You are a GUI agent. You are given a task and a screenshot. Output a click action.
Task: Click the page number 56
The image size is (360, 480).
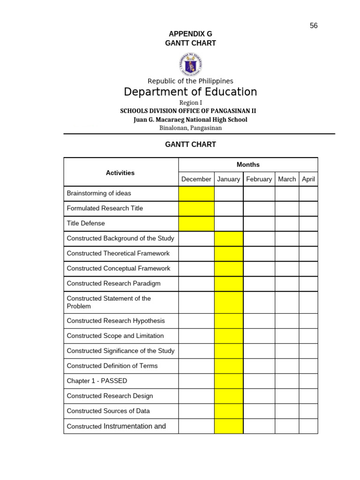[x=314, y=26]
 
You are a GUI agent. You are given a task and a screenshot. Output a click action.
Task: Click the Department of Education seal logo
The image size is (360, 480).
[x=190, y=64]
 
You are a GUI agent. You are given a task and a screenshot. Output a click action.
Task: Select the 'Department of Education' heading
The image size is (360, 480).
[x=190, y=92]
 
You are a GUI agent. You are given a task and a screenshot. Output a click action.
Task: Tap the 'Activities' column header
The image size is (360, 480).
[x=120, y=172]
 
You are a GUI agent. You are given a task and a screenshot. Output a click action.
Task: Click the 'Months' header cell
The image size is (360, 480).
[x=248, y=165]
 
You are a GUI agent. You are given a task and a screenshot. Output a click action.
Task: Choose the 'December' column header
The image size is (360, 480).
[x=196, y=179]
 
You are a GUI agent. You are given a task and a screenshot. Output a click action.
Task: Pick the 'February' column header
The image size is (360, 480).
[x=259, y=179]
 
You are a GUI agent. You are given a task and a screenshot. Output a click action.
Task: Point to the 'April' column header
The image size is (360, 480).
[x=308, y=179]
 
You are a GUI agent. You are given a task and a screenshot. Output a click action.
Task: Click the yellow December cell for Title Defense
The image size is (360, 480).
[x=196, y=224]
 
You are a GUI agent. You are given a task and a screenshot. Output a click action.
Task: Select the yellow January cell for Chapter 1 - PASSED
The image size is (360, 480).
[x=229, y=381]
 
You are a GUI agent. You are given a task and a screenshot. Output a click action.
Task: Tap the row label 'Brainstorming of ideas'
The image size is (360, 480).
[x=99, y=193]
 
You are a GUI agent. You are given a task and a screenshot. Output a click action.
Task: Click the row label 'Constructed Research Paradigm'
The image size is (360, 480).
[x=113, y=284]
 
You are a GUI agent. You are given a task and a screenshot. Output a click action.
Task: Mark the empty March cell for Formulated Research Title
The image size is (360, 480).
[x=287, y=209]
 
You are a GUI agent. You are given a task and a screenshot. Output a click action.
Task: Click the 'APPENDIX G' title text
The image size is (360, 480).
[x=190, y=34]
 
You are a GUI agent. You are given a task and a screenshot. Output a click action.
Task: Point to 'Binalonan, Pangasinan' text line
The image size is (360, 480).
[x=190, y=127]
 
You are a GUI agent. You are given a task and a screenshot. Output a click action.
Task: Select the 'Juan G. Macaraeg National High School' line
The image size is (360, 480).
[x=190, y=120]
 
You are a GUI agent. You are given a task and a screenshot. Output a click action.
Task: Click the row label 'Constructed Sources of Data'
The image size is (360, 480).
[x=108, y=411]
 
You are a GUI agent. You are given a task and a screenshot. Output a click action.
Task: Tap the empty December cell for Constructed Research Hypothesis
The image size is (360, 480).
[x=196, y=321]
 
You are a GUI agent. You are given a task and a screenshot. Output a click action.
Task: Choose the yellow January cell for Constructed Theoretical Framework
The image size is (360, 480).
[x=229, y=254]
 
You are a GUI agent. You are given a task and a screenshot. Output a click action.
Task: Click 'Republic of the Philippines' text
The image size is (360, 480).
[x=190, y=81]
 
